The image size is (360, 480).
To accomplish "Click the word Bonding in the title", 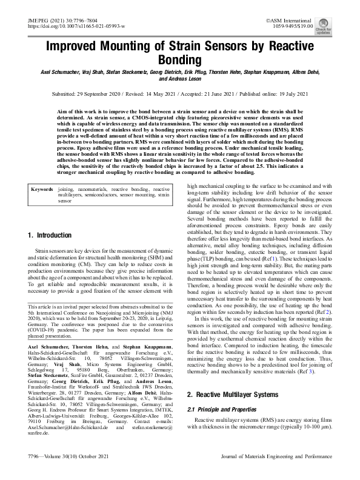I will [179, 61].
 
